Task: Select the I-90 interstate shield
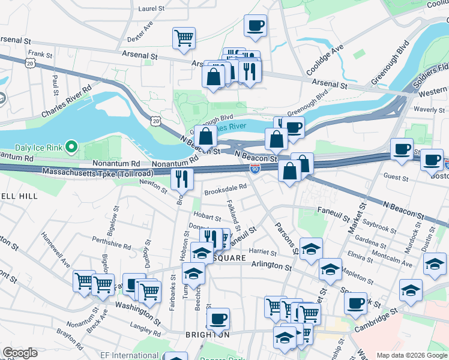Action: pos(255,170)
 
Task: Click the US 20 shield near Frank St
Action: pos(31,62)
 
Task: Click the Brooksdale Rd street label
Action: pos(225,187)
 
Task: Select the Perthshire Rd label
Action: pos(112,242)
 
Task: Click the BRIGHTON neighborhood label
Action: pos(207,335)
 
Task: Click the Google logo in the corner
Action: pos(20,353)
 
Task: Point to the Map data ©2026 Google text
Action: pos(411,355)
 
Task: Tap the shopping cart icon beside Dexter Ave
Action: pos(184,37)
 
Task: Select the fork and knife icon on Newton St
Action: pos(182,178)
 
